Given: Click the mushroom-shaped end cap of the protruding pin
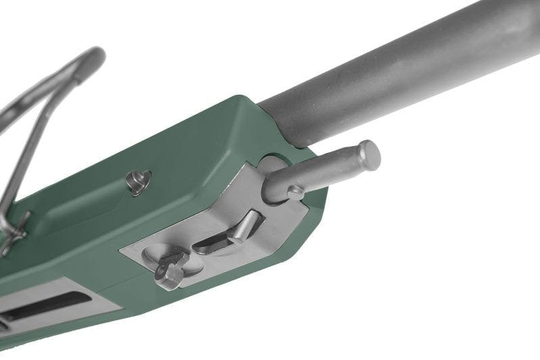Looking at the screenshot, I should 368,155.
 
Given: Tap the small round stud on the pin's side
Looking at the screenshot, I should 295,193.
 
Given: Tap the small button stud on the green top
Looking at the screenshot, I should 139,182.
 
